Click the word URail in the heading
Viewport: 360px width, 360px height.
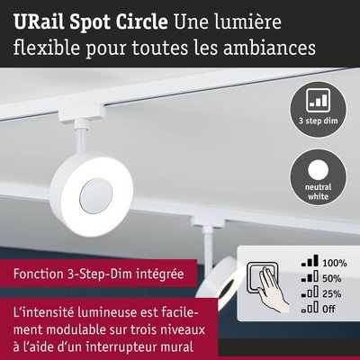pyautogui.click(x=39, y=22)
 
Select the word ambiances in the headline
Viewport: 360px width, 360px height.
pyautogui.click(x=269, y=48)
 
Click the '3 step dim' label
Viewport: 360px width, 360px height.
pyautogui.click(x=318, y=121)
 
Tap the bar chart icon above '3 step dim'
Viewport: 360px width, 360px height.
pyautogui.click(x=318, y=100)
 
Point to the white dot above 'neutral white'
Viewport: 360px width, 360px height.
pyautogui.click(x=318, y=170)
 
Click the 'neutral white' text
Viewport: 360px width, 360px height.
pyautogui.click(x=318, y=192)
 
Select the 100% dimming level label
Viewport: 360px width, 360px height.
pyautogui.click(x=335, y=263)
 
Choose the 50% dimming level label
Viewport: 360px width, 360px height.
pyautogui.click(x=332, y=278)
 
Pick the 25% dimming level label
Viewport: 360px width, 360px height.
pyautogui.click(x=332, y=293)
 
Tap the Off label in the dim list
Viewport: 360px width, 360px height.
pyautogui.click(x=328, y=309)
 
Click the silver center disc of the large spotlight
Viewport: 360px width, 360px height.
pyautogui.click(x=96, y=196)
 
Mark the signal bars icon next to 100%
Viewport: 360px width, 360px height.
pyautogui.click(x=310, y=261)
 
